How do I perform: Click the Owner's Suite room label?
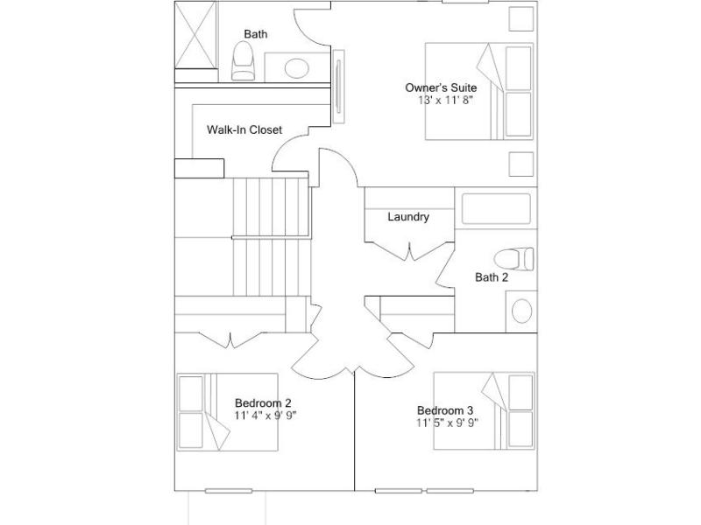click(441, 87)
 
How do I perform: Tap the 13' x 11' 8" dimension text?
click(445, 100)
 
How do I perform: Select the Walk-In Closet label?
click(244, 129)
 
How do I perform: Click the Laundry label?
click(408, 217)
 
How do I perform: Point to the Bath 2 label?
click(492, 277)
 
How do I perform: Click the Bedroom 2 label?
click(263, 403)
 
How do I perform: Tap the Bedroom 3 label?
click(445, 410)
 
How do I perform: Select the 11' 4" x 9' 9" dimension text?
click(266, 416)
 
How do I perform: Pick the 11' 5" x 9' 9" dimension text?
click(447, 423)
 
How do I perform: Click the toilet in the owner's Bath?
click(244, 61)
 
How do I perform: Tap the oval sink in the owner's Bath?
click(297, 68)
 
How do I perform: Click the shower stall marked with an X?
click(195, 35)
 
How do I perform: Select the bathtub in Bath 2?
click(496, 208)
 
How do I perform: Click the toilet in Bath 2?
click(513, 259)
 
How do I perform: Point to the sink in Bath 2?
click(521, 311)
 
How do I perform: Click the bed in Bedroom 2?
click(227, 412)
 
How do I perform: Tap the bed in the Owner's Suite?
click(479, 91)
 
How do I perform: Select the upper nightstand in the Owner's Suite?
click(521, 18)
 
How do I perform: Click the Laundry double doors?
click(409, 251)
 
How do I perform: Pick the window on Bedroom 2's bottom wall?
click(229, 491)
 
